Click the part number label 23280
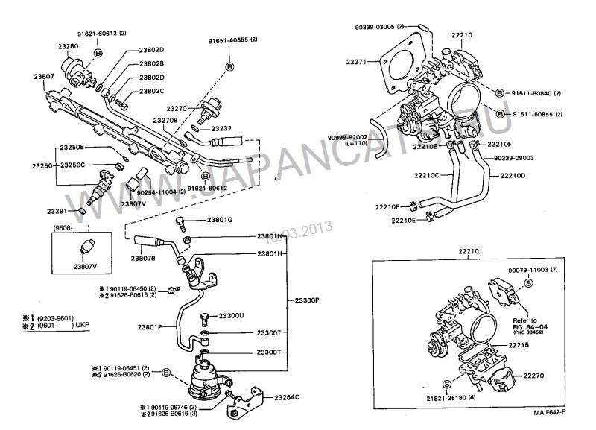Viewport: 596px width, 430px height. click(x=69, y=46)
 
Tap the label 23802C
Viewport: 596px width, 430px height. click(x=152, y=92)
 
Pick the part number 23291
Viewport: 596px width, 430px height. click(x=57, y=212)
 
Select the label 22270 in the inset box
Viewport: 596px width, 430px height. click(x=536, y=377)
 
